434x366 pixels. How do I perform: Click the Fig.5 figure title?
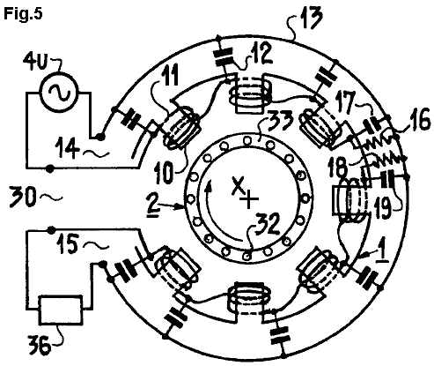tap(23, 13)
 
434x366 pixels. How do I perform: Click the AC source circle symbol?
tap(60, 92)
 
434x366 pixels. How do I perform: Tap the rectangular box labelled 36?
tap(61, 310)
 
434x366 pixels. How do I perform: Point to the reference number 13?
tap(310, 18)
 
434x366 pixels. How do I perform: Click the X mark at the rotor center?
tap(238, 185)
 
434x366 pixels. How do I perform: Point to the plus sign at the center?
tap(249, 198)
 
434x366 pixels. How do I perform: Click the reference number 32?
tap(267, 225)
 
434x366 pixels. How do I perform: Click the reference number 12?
tap(260, 55)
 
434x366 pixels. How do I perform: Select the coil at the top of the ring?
tap(250, 93)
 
